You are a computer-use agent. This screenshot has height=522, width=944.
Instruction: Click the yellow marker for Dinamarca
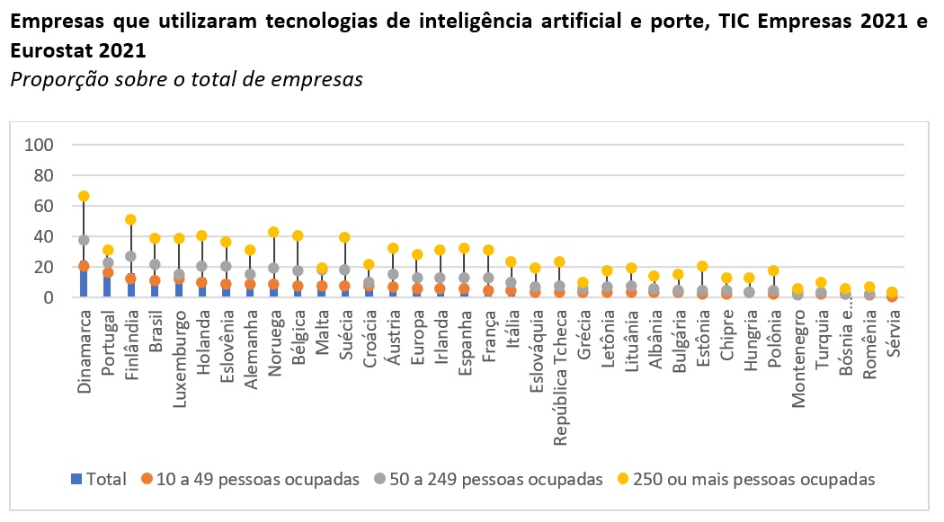click(84, 196)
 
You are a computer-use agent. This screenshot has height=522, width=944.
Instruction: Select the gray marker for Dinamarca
click(84, 240)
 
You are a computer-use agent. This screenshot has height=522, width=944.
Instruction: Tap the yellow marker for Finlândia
click(130, 219)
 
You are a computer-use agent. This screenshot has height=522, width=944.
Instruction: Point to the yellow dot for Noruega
click(273, 232)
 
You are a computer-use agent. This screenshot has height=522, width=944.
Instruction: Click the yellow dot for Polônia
click(773, 270)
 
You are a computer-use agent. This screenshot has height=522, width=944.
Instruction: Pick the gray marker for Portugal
click(108, 262)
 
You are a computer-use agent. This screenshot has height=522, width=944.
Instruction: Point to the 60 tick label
click(44, 206)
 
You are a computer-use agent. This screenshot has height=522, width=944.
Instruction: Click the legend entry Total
click(99, 479)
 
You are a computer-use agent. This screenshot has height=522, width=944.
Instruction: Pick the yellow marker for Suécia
click(344, 237)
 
